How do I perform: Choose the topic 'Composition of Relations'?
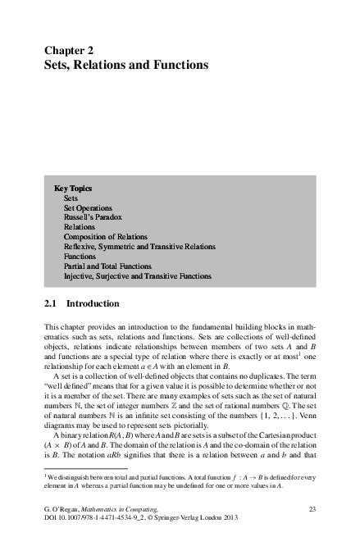[x=106, y=237]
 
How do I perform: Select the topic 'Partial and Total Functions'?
[x=107, y=266]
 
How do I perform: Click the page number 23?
[x=311, y=510]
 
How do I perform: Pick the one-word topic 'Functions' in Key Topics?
[x=80, y=257]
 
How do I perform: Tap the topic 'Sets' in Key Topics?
[x=71, y=198]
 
